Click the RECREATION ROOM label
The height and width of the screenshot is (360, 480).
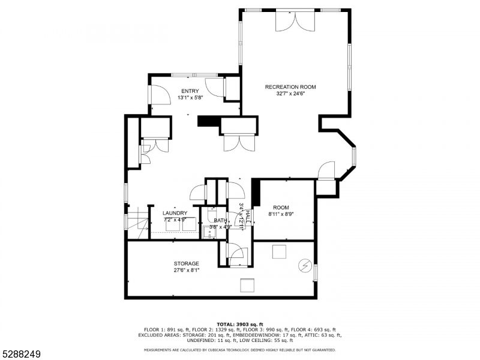click(x=290, y=87)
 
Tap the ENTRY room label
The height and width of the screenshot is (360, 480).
click(x=190, y=91)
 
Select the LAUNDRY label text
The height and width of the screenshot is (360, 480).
click(x=175, y=213)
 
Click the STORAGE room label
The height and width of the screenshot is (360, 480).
click(x=187, y=263)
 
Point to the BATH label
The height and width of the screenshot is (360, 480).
click(x=220, y=220)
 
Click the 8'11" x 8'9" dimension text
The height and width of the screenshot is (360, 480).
click(x=281, y=214)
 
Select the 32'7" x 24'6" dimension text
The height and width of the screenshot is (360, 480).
click(x=290, y=94)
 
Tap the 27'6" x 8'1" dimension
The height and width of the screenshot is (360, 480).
click(x=187, y=271)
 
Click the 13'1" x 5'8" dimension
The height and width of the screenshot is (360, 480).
click(x=190, y=98)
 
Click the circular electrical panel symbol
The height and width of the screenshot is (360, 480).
click(x=305, y=265)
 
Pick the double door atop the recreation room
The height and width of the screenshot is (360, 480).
click(x=295, y=21)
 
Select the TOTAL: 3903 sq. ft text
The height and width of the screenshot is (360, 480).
click(x=240, y=324)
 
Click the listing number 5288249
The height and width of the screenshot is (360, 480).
click(x=20, y=354)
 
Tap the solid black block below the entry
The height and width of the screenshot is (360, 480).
click(x=209, y=121)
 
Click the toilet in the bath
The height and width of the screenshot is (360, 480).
click(x=212, y=214)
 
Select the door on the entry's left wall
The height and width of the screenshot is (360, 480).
click(x=159, y=95)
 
